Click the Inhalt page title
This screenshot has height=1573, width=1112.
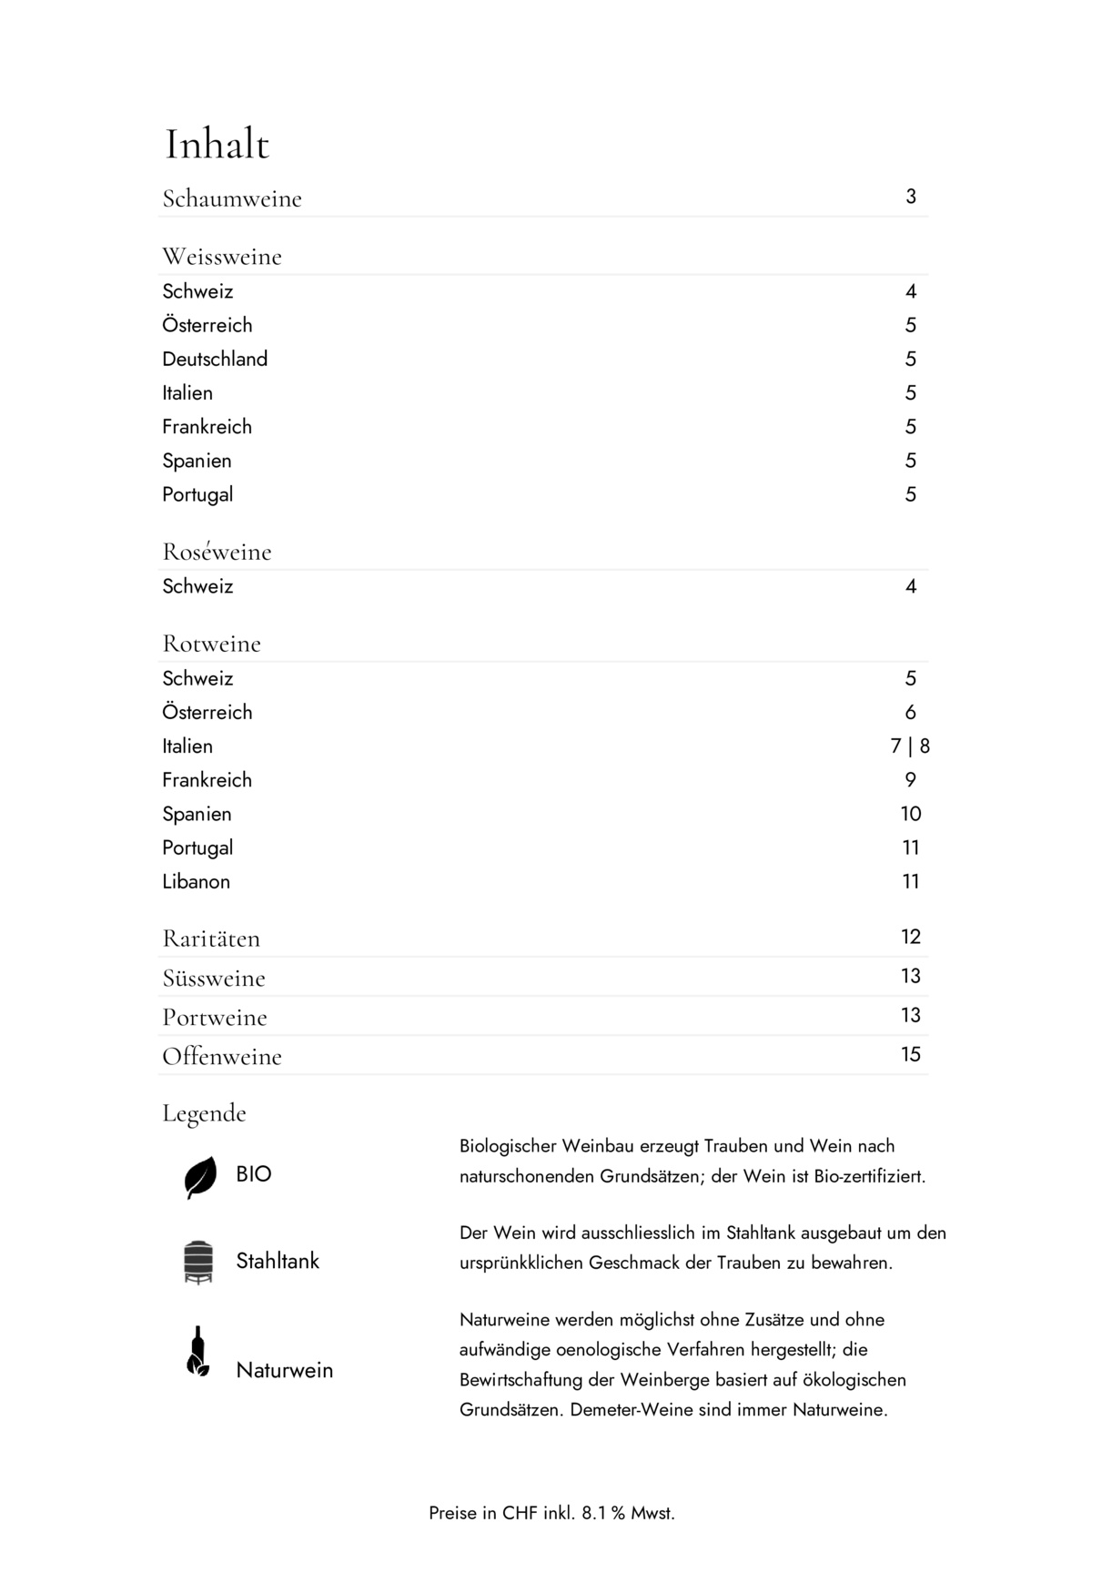pyautogui.click(x=217, y=145)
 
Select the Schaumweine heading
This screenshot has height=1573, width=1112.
pyautogui.click(x=231, y=198)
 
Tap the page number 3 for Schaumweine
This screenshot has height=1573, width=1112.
pyautogui.click(x=910, y=197)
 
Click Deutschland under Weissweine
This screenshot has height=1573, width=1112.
pyautogui.click(x=215, y=360)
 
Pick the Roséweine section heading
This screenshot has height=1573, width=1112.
pyautogui.click(x=217, y=552)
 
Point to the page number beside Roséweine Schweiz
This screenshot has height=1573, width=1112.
pyautogui.click(x=910, y=587)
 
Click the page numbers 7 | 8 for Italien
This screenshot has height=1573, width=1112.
pyautogui.click(x=909, y=746)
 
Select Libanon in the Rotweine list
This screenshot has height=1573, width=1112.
pyautogui.click(x=196, y=882)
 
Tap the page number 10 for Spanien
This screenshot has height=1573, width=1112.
pyautogui.click(x=910, y=814)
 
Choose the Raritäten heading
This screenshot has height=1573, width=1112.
pyautogui.click(x=211, y=939)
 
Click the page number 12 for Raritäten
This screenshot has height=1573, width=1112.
pyautogui.click(x=910, y=938)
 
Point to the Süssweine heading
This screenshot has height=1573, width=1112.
pyautogui.click(x=214, y=979)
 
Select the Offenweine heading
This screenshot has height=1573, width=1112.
pyautogui.click(x=222, y=1057)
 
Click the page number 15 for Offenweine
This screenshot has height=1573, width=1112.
pyautogui.click(x=910, y=1055)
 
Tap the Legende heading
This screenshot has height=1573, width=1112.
pyautogui.click(x=204, y=1113)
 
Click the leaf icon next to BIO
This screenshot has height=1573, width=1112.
pyautogui.click(x=200, y=1177)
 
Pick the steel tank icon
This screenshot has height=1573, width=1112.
pyautogui.click(x=198, y=1262)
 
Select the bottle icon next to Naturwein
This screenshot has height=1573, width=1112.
pyautogui.click(x=197, y=1352)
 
